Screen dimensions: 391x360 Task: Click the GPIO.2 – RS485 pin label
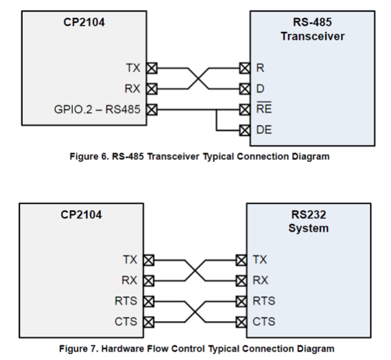(x=97, y=110)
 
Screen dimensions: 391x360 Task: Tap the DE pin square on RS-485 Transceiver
(x=245, y=130)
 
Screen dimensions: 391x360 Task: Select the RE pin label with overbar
(x=264, y=108)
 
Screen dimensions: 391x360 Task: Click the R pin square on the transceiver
(x=245, y=68)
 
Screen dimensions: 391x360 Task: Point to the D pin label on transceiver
(x=260, y=89)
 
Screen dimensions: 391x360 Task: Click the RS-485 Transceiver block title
(x=313, y=29)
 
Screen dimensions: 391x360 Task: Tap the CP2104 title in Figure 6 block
(x=84, y=22)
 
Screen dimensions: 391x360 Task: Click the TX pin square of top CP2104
(x=152, y=68)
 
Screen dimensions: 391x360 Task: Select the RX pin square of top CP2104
(x=152, y=89)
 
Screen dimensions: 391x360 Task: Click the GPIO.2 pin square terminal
(x=152, y=110)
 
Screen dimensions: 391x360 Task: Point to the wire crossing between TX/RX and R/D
(x=198, y=78)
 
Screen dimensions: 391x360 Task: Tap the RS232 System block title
(x=309, y=221)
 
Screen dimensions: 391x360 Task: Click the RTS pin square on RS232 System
(x=241, y=301)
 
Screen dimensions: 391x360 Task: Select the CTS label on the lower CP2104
(x=126, y=322)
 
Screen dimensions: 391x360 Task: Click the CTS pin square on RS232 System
(x=241, y=322)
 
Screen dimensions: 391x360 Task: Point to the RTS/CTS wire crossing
(x=195, y=312)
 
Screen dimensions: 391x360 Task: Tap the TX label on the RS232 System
(x=260, y=259)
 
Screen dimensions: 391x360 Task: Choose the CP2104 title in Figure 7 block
(x=81, y=215)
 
